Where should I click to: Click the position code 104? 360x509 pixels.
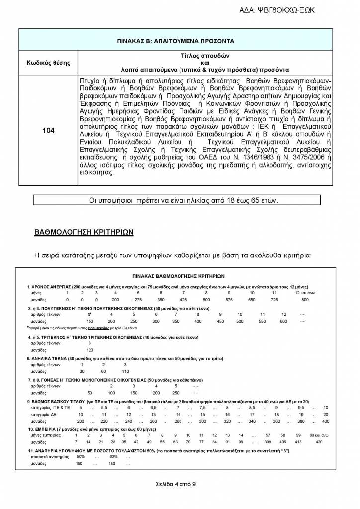click(48, 131)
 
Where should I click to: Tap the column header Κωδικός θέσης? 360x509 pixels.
click(48, 63)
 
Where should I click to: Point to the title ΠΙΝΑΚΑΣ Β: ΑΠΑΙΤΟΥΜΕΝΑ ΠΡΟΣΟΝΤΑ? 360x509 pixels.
click(180, 41)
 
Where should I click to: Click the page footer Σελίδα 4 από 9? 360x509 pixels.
click(179, 483)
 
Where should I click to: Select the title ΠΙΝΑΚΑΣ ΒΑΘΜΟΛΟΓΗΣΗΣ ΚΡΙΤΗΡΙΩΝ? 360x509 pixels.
click(179, 275)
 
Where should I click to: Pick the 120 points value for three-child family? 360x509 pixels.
click(90, 350)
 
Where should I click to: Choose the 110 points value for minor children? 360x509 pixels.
click(125, 371)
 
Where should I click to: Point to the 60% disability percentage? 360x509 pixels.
click(113, 456)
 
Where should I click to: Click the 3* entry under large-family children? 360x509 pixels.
click(90, 314)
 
